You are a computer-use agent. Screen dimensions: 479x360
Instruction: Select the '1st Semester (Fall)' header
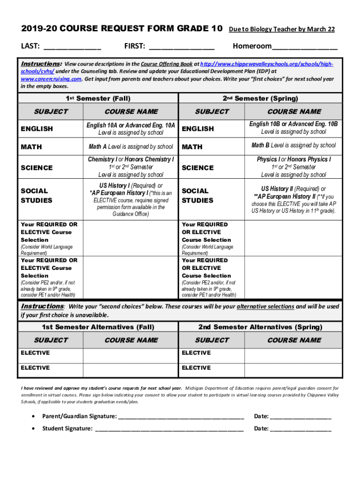pyautogui.click(x=98, y=98)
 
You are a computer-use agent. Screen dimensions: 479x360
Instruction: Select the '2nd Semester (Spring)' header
pyautogui.click(x=260, y=98)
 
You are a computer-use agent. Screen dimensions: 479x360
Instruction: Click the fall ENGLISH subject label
pyautogui.click(x=37, y=129)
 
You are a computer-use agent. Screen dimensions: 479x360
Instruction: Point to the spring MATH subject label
pyautogui.click(x=192, y=147)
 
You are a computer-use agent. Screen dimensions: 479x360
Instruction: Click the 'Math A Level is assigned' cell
pyautogui.click(x=131, y=146)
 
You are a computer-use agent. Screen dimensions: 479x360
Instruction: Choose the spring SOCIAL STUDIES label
pyautogui.click(x=197, y=196)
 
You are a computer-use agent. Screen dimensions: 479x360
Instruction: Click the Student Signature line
pyautogui.click(x=169, y=428)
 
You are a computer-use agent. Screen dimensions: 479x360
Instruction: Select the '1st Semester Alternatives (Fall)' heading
pyautogui.click(x=98, y=327)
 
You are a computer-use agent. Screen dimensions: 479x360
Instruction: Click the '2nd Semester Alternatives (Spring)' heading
pyautogui.click(x=260, y=327)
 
